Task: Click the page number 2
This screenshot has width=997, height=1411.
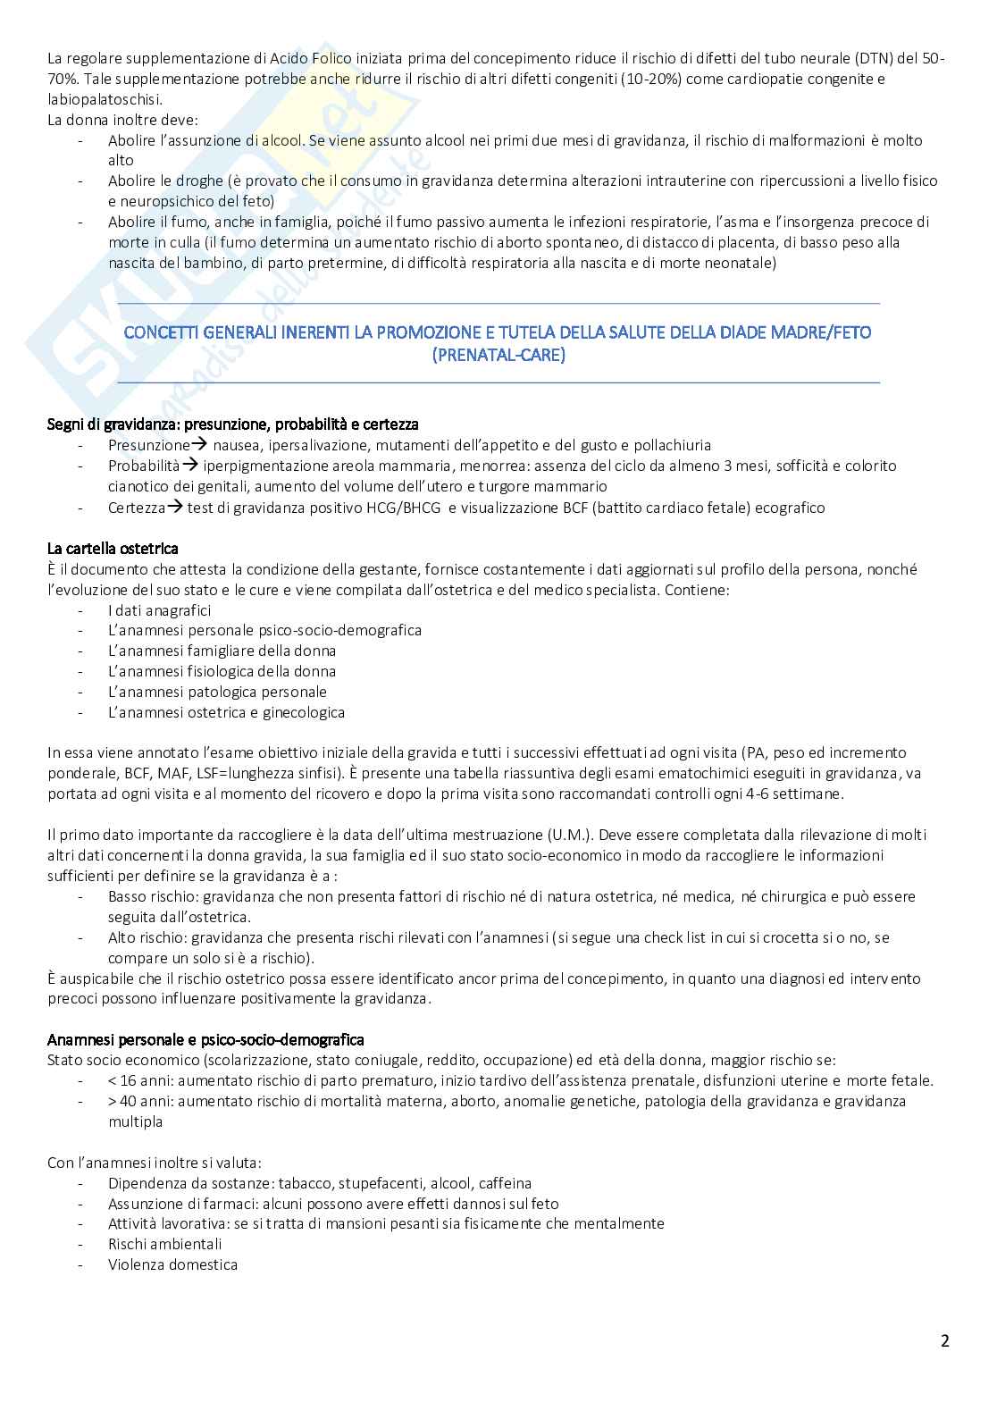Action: [x=944, y=1340]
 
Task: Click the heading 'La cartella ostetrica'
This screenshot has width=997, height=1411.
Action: [x=113, y=548]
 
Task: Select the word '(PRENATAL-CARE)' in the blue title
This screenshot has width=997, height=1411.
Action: [x=498, y=355]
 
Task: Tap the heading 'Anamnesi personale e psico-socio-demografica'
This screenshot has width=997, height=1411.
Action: [x=205, y=1039]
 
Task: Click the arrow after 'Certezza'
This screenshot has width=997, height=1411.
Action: [x=175, y=508]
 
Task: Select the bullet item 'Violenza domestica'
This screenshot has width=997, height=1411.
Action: [x=172, y=1264]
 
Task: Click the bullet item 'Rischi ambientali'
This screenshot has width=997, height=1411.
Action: [x=164, y=1244]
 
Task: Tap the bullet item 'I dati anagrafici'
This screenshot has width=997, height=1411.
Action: [x=159, y=610]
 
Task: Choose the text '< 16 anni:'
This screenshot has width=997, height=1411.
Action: [x=140, y=1080]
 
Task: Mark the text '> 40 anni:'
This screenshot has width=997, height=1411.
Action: [x=140, y=1101]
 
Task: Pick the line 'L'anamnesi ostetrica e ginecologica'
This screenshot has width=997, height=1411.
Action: [x=226, y=712]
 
